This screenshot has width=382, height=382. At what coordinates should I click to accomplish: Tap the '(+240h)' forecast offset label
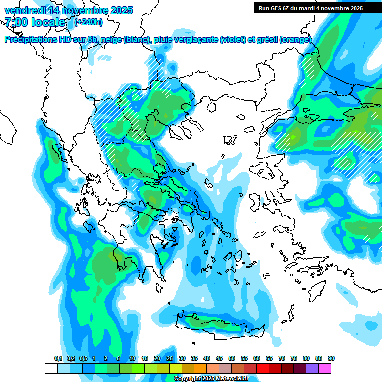click(89, 22)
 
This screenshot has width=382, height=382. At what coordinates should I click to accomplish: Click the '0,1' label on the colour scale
click(58, 358)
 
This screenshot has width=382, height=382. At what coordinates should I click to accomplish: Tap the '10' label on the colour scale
click(132, 358)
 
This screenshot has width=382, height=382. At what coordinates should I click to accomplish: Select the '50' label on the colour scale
click(232, 358)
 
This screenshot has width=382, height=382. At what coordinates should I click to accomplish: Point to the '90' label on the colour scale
click(331, 358)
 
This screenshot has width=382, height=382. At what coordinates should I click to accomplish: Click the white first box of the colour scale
click(51, 368)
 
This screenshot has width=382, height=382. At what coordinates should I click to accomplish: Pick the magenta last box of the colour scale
click(325, 368)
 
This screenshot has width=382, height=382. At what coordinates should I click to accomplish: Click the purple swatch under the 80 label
click(312, 368)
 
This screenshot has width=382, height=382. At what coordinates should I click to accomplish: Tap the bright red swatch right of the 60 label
click(263, 368)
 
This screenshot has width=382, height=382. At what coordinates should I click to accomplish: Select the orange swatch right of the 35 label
click(200, 368)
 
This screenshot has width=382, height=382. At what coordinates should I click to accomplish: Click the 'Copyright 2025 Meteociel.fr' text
click(211, 379)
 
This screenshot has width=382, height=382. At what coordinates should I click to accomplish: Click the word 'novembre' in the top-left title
click(79, 10)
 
